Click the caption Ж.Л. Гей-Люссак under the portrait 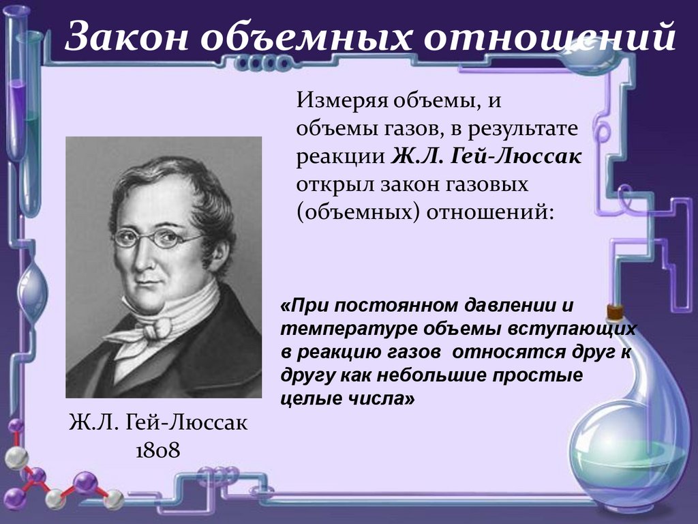click(157, 423)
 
